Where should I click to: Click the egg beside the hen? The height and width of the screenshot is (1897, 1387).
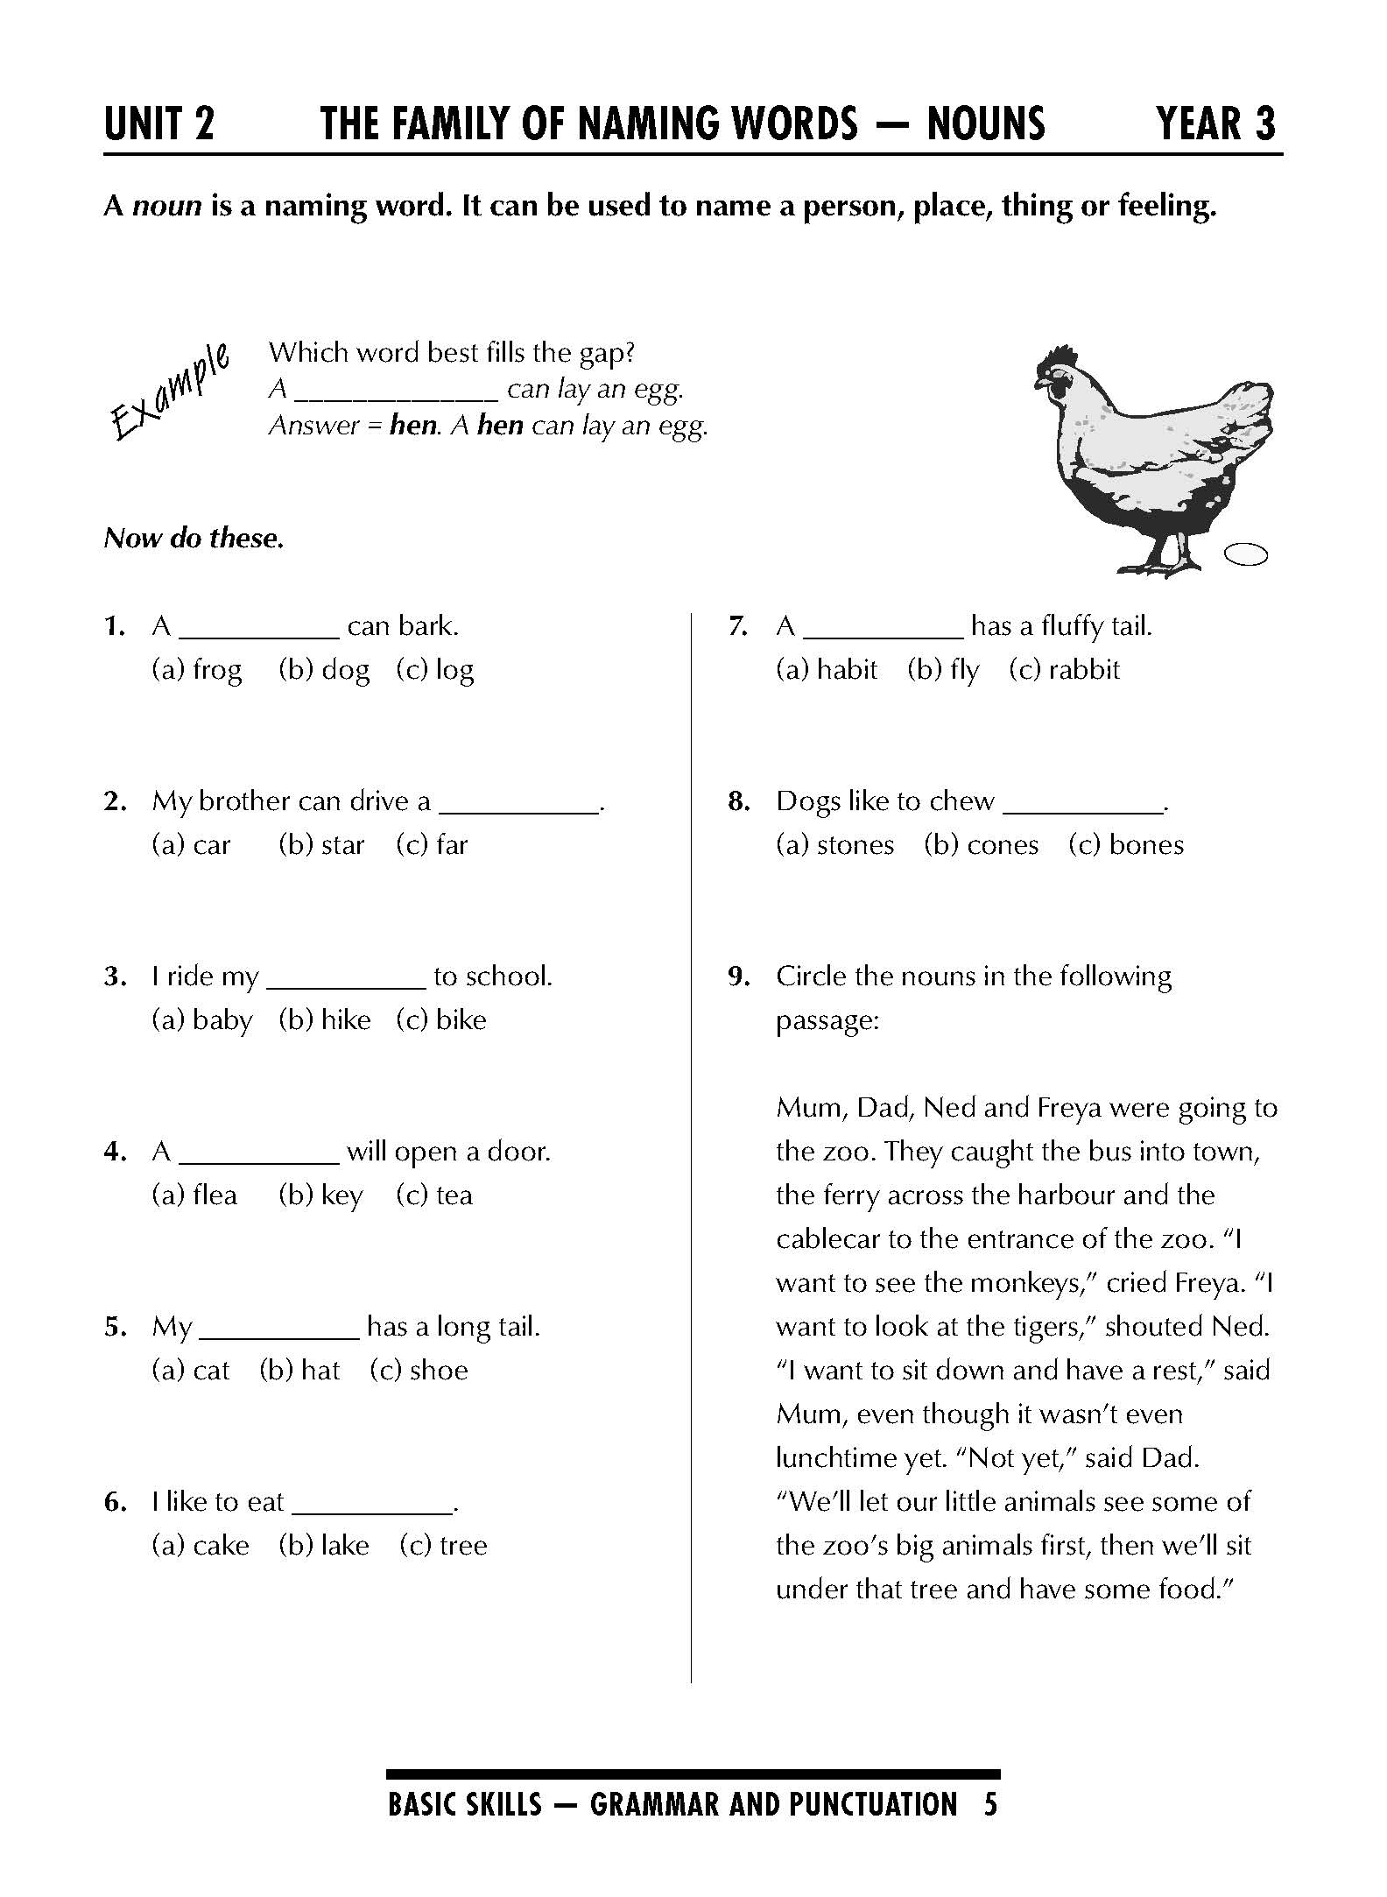coord(1246,554)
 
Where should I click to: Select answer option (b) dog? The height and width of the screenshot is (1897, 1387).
coord(324,670)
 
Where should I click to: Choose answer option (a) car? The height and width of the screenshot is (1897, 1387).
coord(191,845)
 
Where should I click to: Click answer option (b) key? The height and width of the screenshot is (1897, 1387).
coord(320,1195)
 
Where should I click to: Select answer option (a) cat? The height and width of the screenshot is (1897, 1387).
coord(190,1371)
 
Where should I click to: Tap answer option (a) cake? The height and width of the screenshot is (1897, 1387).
coord(201,1546)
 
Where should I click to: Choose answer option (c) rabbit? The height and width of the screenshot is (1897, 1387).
coord(1064,670)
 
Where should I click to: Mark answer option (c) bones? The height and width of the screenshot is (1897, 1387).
coord(1126,845)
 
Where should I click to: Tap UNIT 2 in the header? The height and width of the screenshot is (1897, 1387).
coord(158,123)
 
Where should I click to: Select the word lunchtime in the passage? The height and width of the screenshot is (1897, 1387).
coord(839,1458)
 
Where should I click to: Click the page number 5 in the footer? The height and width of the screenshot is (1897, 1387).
coord(990,1805)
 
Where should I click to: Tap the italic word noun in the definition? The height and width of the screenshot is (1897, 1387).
coord(166,206)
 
